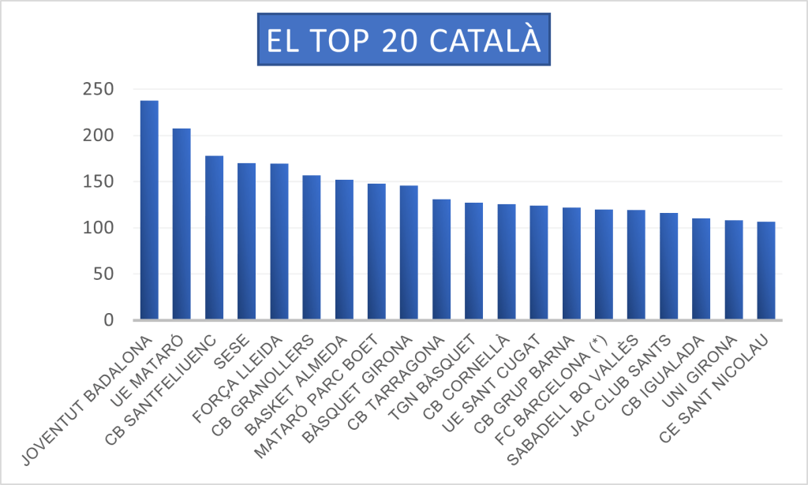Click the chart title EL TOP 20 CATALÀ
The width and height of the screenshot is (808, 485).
click(403, 42)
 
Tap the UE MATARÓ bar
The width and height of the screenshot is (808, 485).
click(181, 225)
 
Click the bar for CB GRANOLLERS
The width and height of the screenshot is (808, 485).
click(311, 248)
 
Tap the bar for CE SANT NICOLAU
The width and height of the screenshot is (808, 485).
click(765, 271)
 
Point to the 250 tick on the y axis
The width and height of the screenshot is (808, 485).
click(99, 89)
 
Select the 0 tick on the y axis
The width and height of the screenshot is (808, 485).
click(109, 320)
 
